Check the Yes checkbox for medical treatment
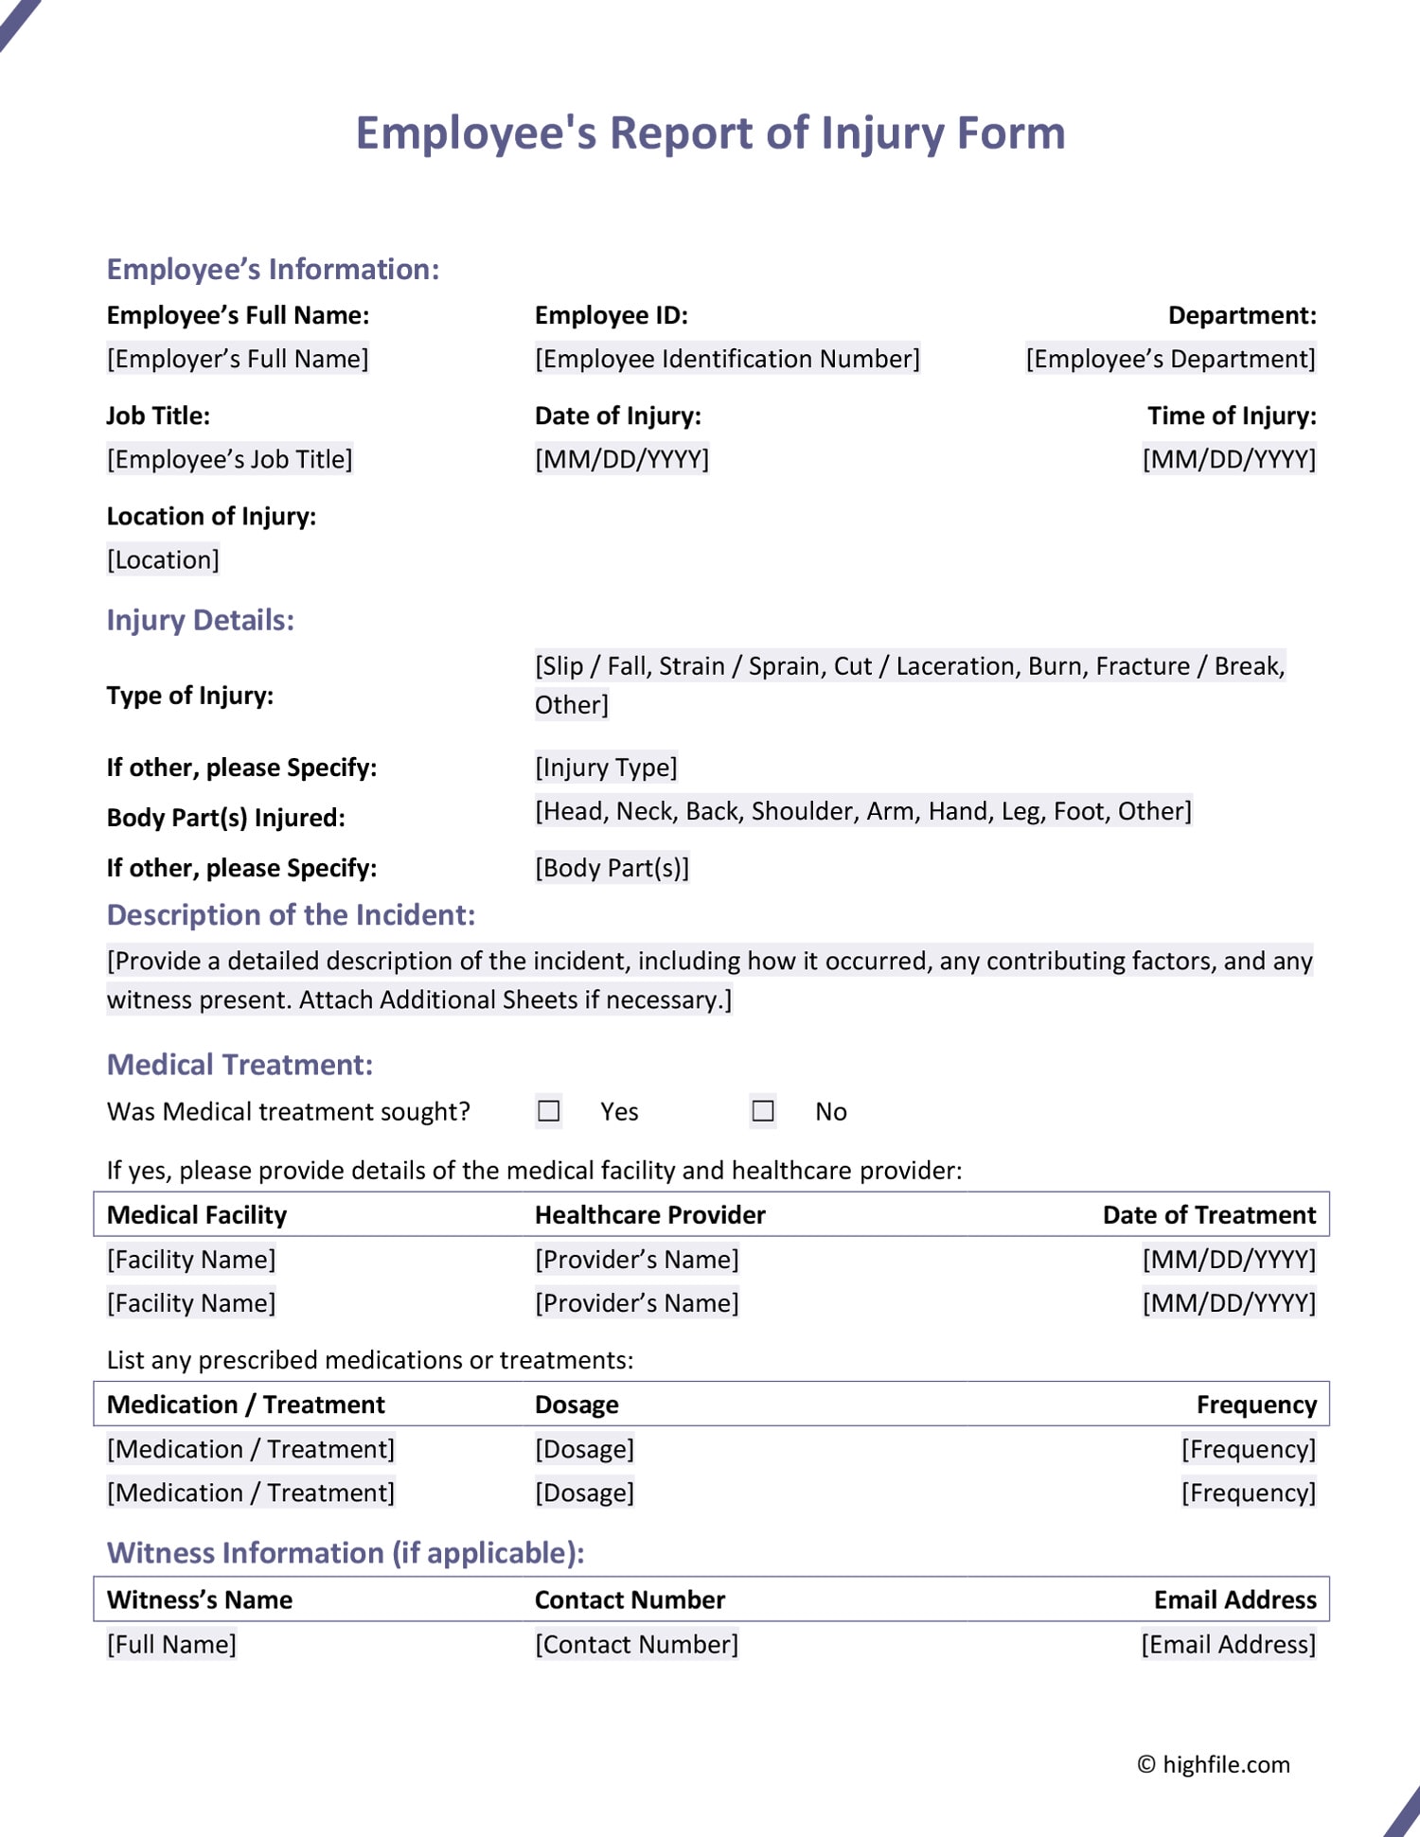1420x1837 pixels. coord(549,1110)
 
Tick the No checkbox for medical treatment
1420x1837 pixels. coord(763,1110)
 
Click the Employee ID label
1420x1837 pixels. coord(611,315)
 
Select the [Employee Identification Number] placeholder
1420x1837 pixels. coord(726,359)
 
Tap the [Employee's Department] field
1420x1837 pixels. coord(1170,359)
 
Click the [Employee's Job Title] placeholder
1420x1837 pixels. coord(229,459)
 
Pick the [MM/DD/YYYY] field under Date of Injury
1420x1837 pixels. coord(621,459)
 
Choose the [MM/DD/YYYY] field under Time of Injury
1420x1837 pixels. coord(1228,459)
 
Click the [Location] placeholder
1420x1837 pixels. coord(163,559)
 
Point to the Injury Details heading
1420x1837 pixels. coord(200,620)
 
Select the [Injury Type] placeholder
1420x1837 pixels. coord(606,767)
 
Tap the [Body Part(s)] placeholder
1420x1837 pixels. coord(612,868)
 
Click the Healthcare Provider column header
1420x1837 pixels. coord(649,1214)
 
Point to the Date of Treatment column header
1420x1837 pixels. coord(1209,1214)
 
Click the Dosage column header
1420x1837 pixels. coord(577,1404)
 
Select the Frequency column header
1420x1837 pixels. coord(1255,1404)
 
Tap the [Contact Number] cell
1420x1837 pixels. coord(636,1644)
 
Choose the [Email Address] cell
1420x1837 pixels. coord(1228,1644)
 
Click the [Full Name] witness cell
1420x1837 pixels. coord(171,1644)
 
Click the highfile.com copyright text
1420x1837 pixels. coord(1214,1764)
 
